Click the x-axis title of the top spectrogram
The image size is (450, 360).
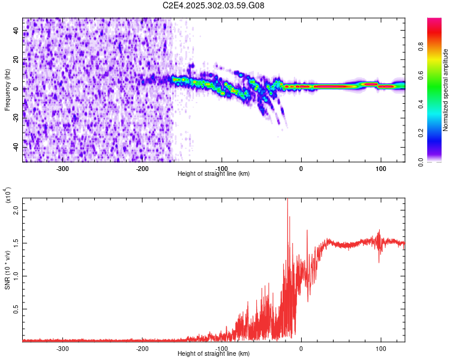(x=214, y=174)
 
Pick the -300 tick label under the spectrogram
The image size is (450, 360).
(x=63, y=168)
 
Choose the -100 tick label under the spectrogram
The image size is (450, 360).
(x=221, y=168)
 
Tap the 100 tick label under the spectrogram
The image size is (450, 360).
(x=380, y=168)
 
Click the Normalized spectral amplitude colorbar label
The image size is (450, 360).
(x=445, y=90)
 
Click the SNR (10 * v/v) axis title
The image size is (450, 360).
(x=7, y=270)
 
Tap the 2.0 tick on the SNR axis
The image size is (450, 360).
(x=16, y=211)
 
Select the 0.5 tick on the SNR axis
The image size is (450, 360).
(x=16, y=309)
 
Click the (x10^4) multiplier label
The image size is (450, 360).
(x=8, y=196)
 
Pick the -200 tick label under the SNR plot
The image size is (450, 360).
(x=142, y=348)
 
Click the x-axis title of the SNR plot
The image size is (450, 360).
(x=214, y=354)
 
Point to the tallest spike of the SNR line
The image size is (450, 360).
(x=287, y=200)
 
